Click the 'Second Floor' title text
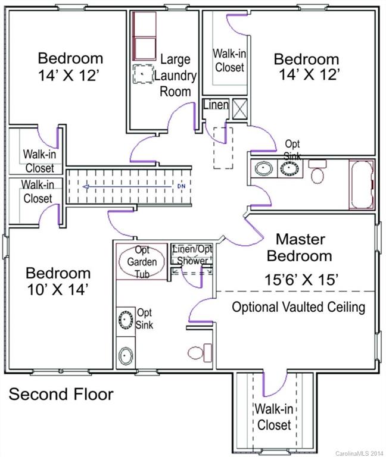61,394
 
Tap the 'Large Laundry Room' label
175,75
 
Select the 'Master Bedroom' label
299,248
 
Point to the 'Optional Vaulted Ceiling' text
298,308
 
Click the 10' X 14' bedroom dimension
58,290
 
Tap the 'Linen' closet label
216,105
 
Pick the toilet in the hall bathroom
317,173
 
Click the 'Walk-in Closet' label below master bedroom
273,417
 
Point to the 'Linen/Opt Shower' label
191,255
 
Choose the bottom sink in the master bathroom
126,356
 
